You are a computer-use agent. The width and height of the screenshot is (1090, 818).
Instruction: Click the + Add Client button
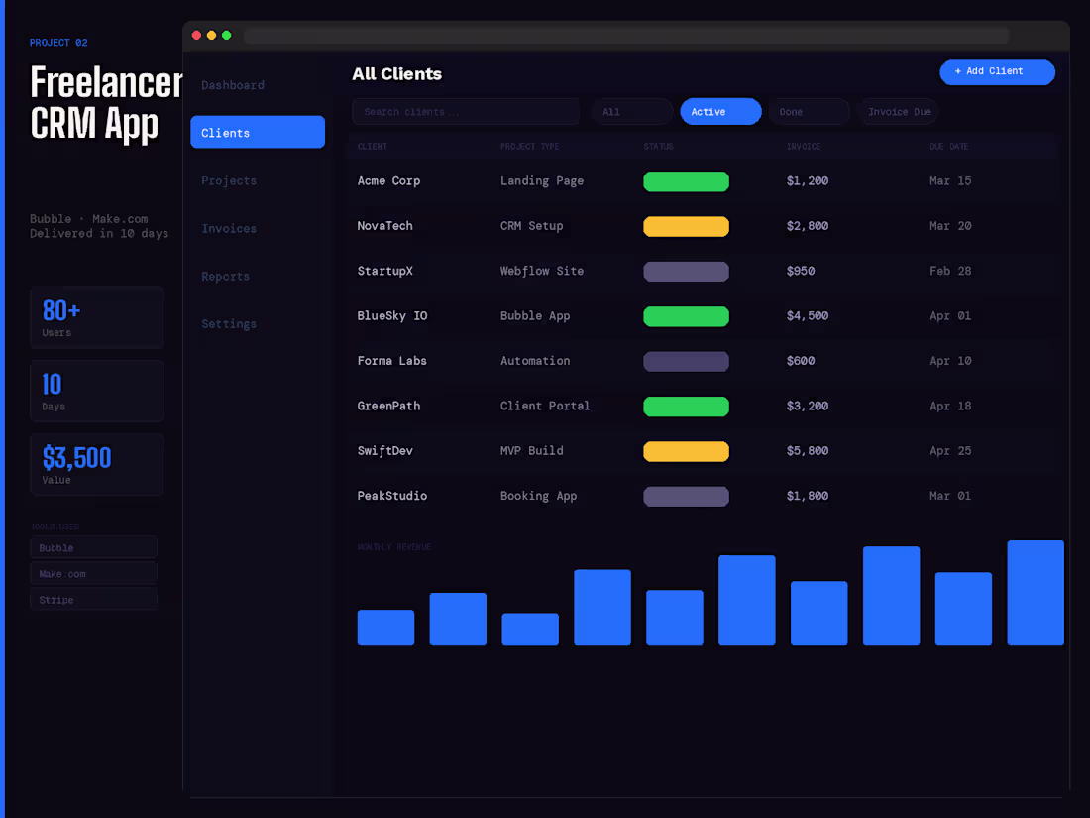click(x=997, y=72)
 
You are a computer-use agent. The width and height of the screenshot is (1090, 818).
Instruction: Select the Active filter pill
click(x=720, y=112)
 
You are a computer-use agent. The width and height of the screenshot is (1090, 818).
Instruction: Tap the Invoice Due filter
click(x=899, y=112)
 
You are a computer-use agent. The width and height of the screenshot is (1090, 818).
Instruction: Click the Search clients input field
click(x=465, y=112)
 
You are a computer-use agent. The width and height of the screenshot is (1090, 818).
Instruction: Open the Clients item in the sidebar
click(x=258, y=133)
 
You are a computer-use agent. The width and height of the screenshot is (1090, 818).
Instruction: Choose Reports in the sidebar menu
click(x=226, y=277)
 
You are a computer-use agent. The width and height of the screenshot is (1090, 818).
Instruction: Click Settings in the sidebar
click(x=229, y=324)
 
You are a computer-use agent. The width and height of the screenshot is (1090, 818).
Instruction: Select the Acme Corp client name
click(x=388, y=181)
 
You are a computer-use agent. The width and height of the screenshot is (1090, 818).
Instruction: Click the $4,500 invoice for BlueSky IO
click(x=808, y=316)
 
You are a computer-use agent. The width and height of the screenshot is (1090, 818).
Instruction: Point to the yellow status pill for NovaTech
click(x=686, y=227)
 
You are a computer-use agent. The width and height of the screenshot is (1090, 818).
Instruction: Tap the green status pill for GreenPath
click(x=686, y=407)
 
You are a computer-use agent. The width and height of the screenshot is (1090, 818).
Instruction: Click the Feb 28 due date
click(x=950, y=272)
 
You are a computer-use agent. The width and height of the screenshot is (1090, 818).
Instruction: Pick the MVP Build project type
click(x=531, y=451)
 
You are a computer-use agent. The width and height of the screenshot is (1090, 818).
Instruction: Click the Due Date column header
click(x=948, y=147)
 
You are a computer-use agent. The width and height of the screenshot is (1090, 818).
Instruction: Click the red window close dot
click(x=196, y=36)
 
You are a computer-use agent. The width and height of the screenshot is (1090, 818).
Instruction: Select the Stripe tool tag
click(x=93, y=600)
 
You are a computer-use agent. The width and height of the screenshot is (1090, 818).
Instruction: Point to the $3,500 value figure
click(x=76, y=458)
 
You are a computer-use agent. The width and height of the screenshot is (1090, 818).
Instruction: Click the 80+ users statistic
click(x=61, y=311)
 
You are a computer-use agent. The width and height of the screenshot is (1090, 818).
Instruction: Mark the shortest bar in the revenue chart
click(x=385, y=628)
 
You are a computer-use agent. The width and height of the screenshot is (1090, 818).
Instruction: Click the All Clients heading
click(x=396, y=74)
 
